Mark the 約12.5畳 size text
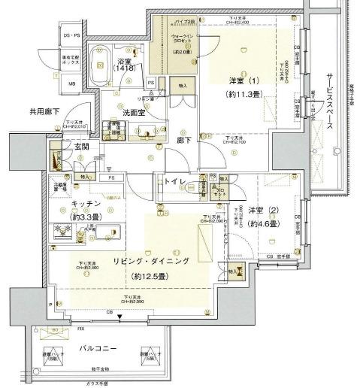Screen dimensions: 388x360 [155, 275]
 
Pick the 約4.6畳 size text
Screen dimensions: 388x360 [264, 223]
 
